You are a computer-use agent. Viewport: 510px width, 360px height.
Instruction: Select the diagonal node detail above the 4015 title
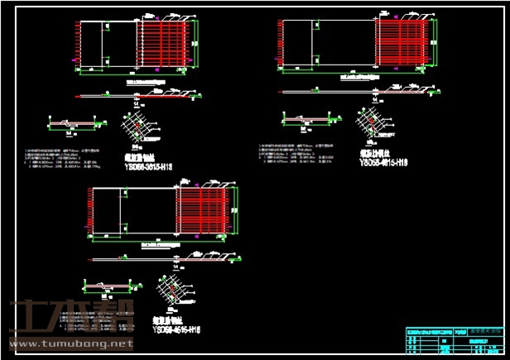(369, 122)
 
